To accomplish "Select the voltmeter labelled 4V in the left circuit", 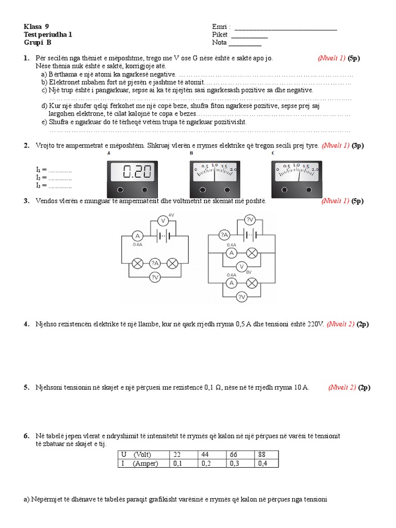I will [162, 220].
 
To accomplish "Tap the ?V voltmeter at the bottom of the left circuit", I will [154, 277].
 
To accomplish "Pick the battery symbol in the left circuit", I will [162, 236].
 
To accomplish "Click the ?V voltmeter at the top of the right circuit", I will [250, 221].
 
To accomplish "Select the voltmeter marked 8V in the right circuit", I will [241, 267].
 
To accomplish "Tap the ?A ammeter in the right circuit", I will [224, 235].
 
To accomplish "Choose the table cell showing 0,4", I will [266, 464].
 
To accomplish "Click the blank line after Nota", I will [245, 42].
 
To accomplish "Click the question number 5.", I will [26, 387].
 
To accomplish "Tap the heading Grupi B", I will [38, 42].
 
